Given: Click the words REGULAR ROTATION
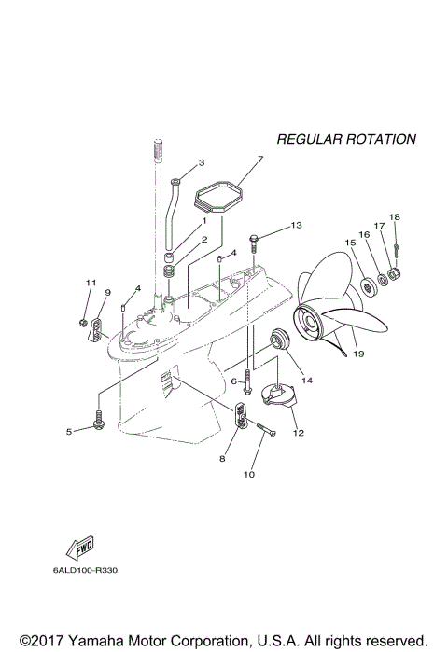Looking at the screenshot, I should point(346,139).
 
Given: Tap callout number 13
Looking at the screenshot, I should point(296,226).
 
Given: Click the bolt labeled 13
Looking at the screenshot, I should point(259,239).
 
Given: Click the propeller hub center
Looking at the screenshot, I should point(308,322).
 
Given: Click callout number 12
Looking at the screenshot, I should point(299,433).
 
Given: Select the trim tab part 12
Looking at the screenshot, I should point(277,398).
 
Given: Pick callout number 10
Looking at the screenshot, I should point(249,474).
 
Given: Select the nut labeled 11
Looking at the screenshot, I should point(84,324).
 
